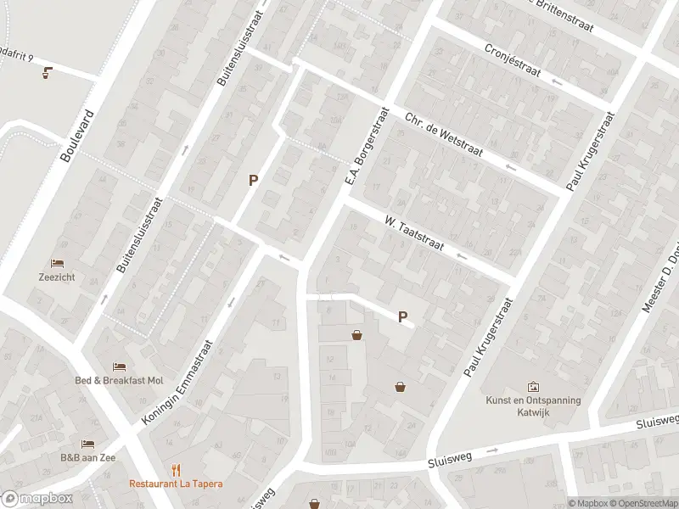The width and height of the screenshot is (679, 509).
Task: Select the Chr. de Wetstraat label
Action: [444, 136]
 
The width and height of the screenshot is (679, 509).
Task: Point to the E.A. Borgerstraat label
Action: [366, 147]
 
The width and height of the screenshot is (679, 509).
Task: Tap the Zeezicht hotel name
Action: [58, 276]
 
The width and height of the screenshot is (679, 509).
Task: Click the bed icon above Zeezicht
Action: [58, 263]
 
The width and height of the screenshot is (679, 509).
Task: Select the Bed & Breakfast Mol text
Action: [119, 380]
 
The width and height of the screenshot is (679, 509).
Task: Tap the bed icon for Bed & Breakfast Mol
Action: [119, 366]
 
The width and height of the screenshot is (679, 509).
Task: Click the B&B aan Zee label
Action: [87, 457]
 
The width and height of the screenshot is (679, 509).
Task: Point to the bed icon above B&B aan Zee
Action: [87, 444]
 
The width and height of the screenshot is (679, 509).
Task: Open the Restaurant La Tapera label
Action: [176, 484]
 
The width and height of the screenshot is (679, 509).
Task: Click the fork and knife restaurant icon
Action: [177, 469]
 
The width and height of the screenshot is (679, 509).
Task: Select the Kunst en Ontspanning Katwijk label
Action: [533, 406]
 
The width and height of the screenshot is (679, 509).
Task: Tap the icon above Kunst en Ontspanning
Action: [533, 387]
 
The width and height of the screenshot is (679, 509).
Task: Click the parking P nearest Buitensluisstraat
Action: [252, 180]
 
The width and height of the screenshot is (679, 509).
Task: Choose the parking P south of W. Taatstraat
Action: [402, 316]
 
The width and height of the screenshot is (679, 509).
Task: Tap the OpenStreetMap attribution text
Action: [641, 503]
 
